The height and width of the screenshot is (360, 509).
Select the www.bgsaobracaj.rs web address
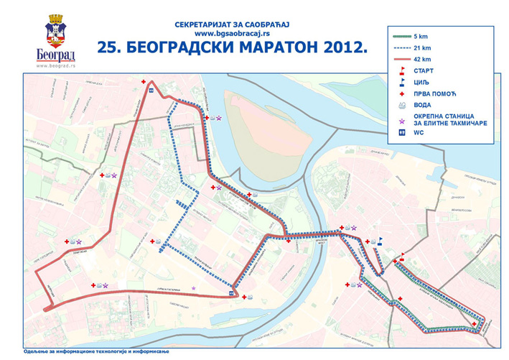tap(230, 34)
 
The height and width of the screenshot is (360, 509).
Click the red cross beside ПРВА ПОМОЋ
tap(402, 94)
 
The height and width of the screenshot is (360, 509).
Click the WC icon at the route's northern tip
tap(150, 91)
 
